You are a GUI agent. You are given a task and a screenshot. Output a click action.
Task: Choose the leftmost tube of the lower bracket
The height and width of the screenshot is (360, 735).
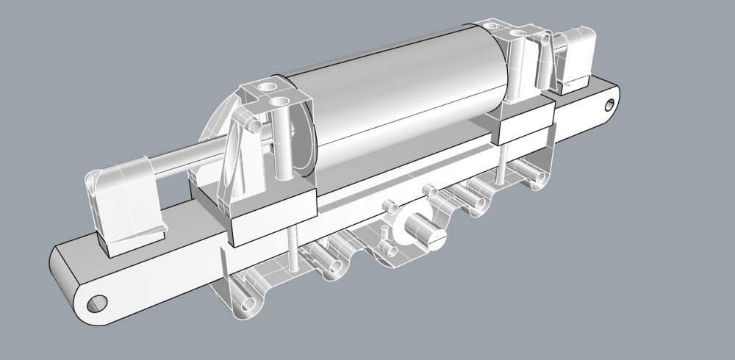click(250, 298)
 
